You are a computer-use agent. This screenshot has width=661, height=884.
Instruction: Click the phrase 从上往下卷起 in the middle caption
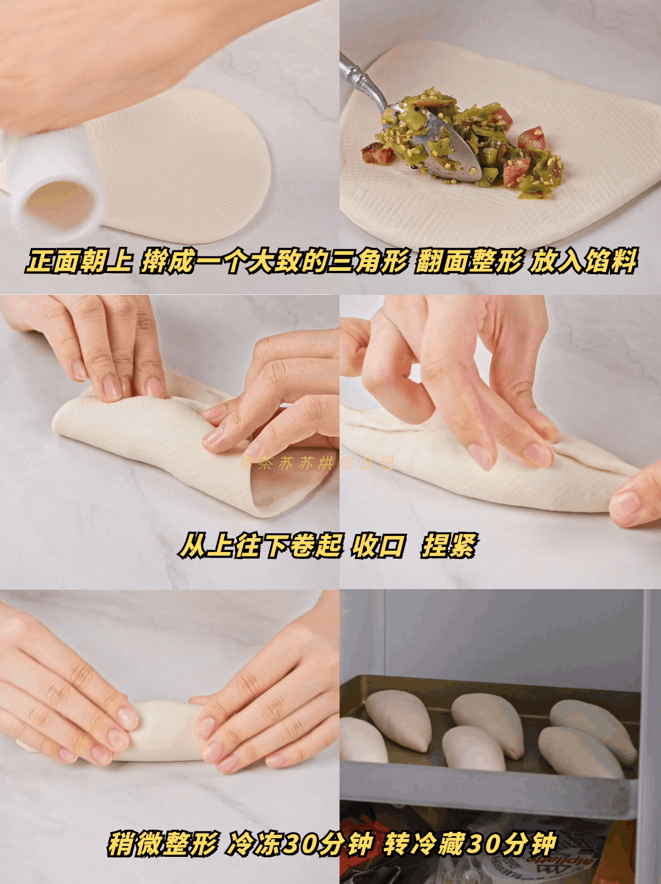261,546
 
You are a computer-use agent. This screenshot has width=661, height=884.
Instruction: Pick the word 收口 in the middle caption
378,546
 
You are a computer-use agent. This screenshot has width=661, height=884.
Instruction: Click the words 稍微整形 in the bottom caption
163,844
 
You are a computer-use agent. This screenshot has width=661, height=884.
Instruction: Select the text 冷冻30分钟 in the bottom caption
299,844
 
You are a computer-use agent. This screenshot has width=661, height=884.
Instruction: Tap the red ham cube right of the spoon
531,138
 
